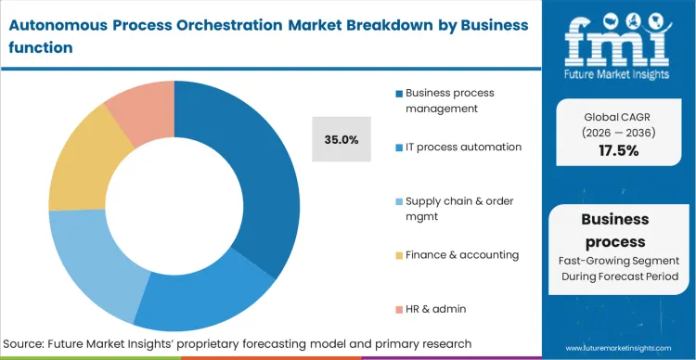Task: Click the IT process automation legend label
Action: (x=463, y=147)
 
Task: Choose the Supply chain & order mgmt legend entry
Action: (x=458, y=208)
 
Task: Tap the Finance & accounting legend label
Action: (x=461, y=254)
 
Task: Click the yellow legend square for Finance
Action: (x=398, y=254)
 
